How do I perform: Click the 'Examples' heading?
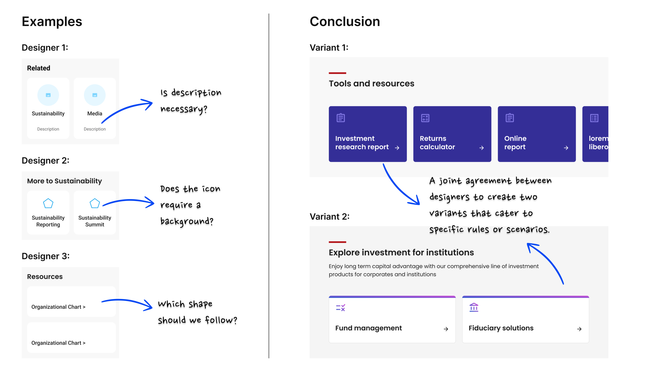tap(52, 22)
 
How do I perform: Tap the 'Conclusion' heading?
tap(345, 22)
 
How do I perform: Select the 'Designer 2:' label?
tap(45, 161)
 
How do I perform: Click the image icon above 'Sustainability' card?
tap(48, 95)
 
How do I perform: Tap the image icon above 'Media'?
tap(95, 95)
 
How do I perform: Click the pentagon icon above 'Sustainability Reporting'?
tap(48, 203)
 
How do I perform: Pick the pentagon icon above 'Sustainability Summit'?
tap(95, 203)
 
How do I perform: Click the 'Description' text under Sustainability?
tap(48, 129)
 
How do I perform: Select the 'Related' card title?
tap(39, 68)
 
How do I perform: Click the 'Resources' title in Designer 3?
tap(45, 277)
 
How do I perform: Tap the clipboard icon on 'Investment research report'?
tap(341, 118)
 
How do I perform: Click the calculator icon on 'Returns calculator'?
tap(425, 118)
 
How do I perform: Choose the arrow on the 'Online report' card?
tap(566, 148)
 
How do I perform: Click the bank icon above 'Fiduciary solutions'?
tap(474, 308)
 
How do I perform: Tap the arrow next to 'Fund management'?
tap(446, 329)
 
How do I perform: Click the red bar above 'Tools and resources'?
tap(337, 73)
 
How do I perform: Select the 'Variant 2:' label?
tap(330, 216)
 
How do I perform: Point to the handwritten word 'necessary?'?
tap(184, 109)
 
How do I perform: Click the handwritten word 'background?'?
tap(187, 221)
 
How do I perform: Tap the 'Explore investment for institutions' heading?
tap(401, 252)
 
